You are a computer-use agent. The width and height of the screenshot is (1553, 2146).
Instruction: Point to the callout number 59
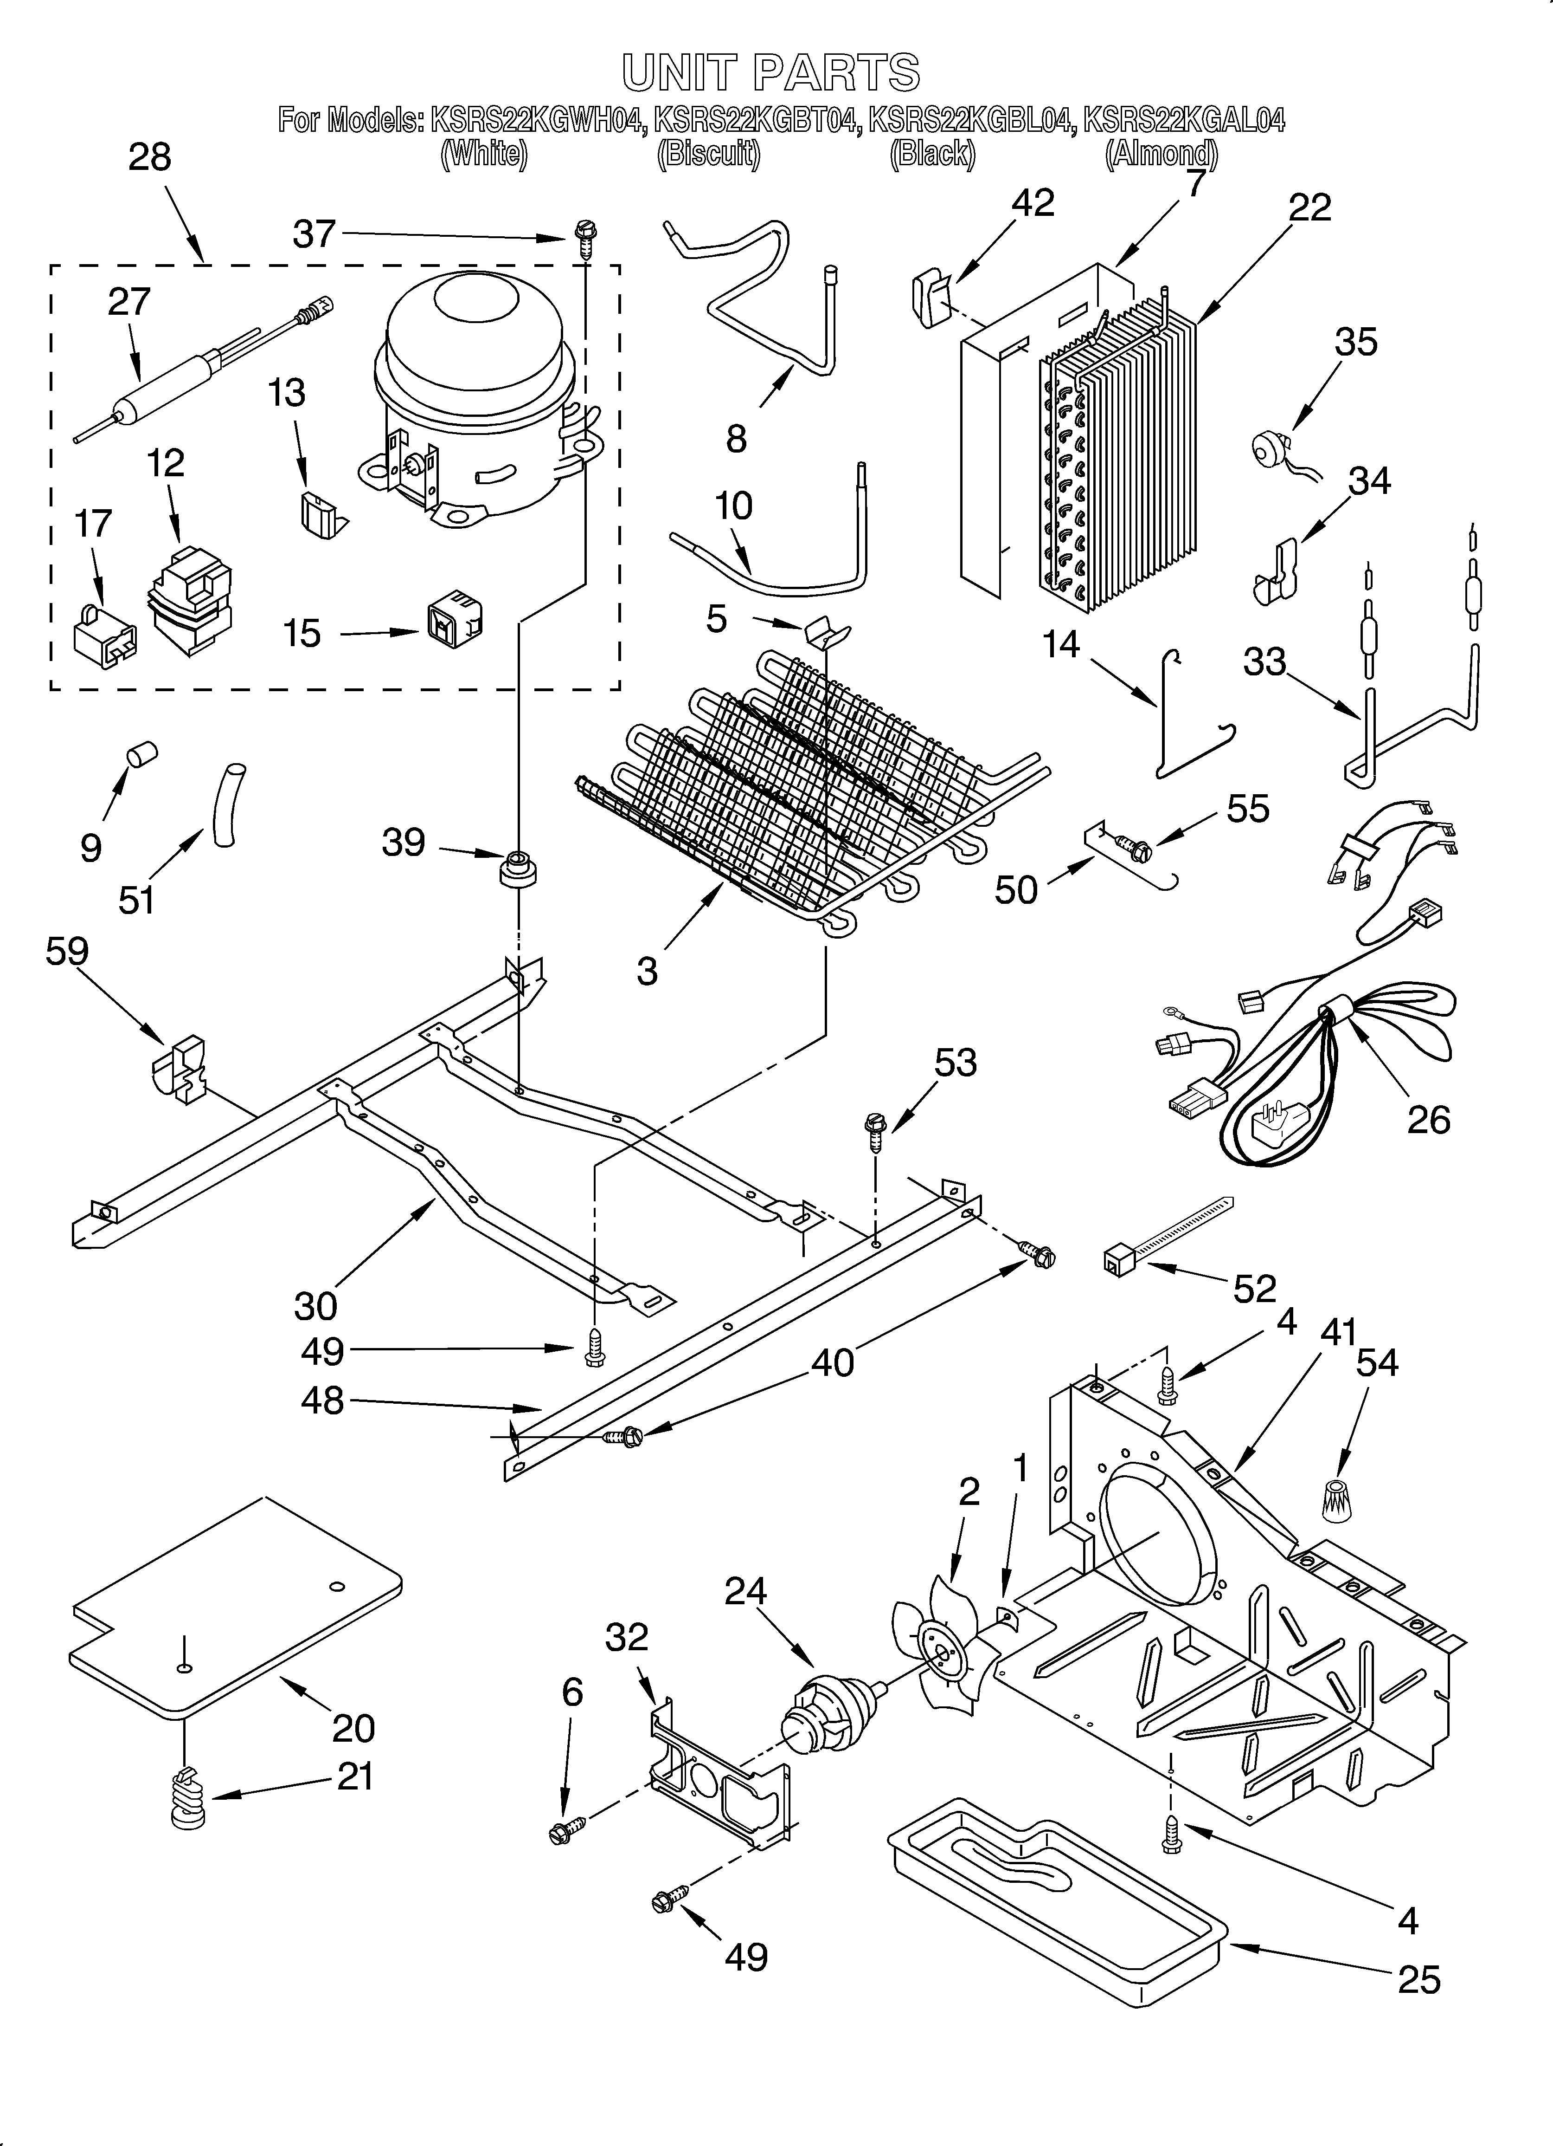[x=67, y=951]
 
